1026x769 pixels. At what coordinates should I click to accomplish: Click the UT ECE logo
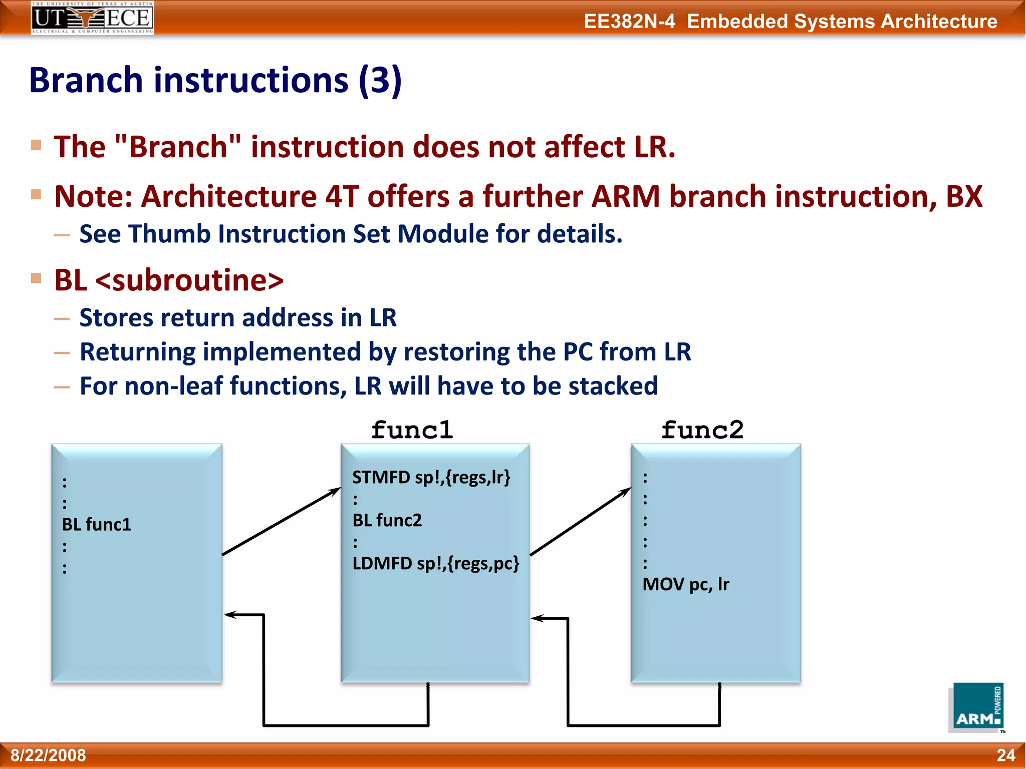[92, 18]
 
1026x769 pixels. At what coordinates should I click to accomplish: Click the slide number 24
[1005, 755]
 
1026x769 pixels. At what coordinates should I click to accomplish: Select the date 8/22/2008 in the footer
[49, 755]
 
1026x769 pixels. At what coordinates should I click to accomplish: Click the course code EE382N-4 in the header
[629, 22]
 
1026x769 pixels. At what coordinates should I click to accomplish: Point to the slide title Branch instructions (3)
[215, 80]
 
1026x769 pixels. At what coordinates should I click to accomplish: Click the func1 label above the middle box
[412, 430]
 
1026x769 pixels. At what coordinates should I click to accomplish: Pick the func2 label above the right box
[702, 430]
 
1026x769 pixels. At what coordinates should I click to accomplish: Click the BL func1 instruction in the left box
[97, 525]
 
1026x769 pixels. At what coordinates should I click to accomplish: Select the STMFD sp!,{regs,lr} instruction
[431, 477]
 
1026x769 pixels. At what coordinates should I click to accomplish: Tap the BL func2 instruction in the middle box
[387, 521]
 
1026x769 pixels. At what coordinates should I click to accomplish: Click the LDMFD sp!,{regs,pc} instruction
[435, 564]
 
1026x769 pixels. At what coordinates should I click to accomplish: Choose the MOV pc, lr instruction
[686, 584]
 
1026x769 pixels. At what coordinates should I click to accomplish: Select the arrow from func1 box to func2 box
[580, 521]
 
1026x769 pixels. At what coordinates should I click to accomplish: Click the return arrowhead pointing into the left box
[230, 614]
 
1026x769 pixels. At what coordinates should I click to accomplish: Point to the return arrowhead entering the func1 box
[537, 618]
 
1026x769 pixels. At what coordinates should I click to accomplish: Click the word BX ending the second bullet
[963, 196]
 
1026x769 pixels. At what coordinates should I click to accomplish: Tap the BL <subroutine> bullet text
[169, 280]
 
